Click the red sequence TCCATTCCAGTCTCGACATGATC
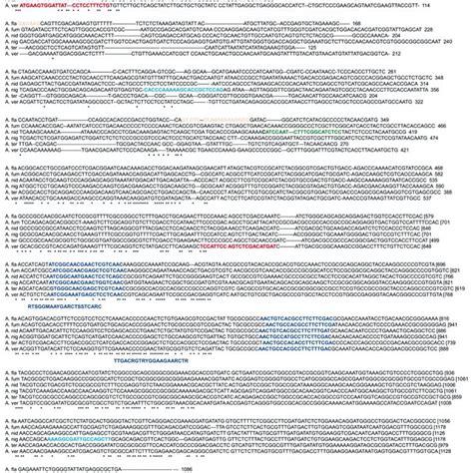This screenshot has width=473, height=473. tap(289, 245)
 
